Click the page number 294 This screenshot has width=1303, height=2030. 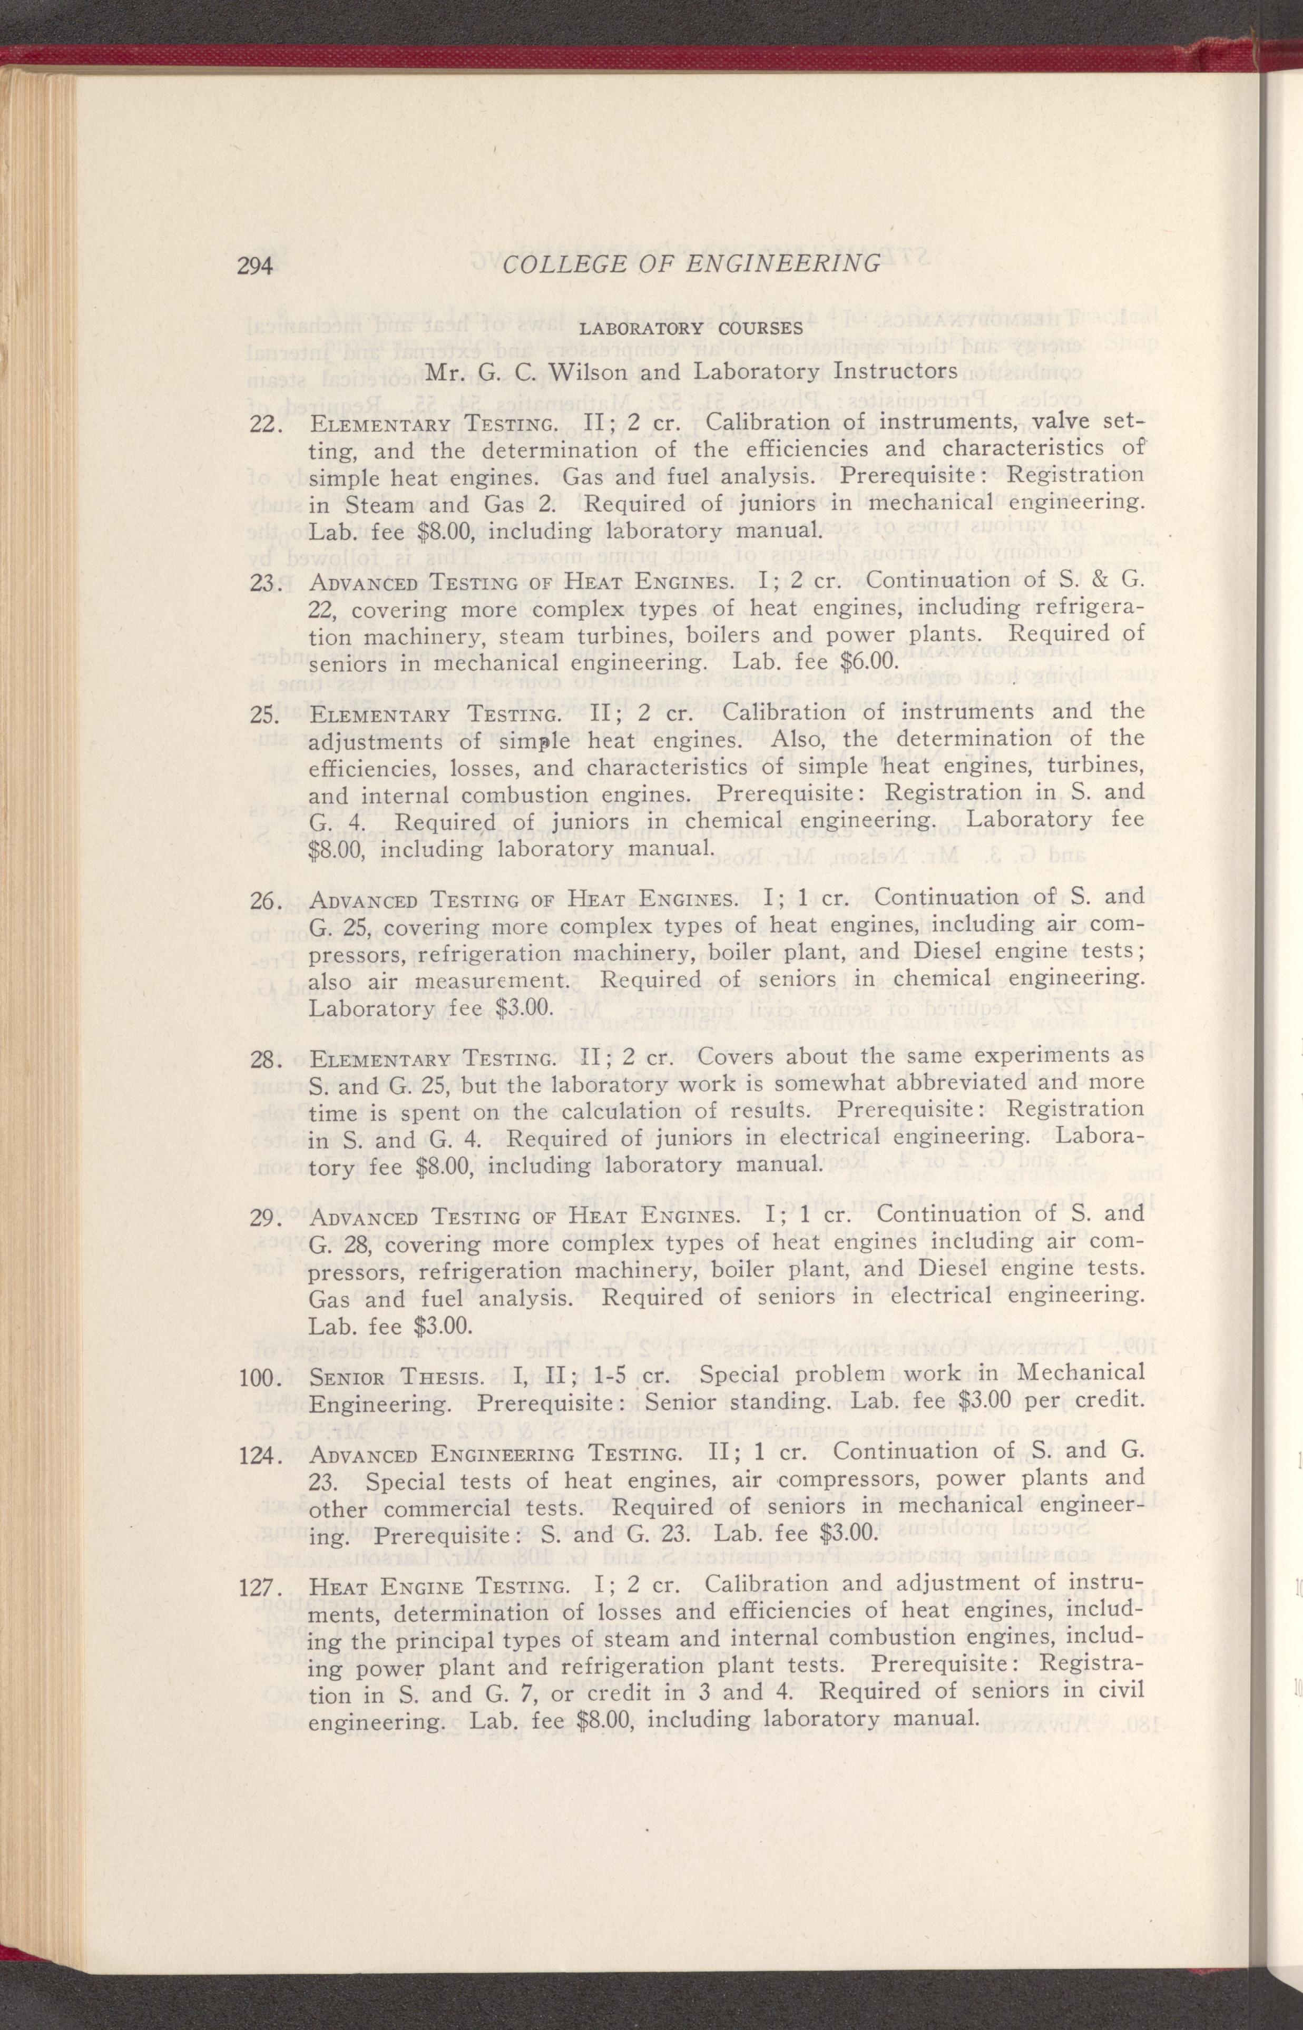(x=254, y=266)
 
